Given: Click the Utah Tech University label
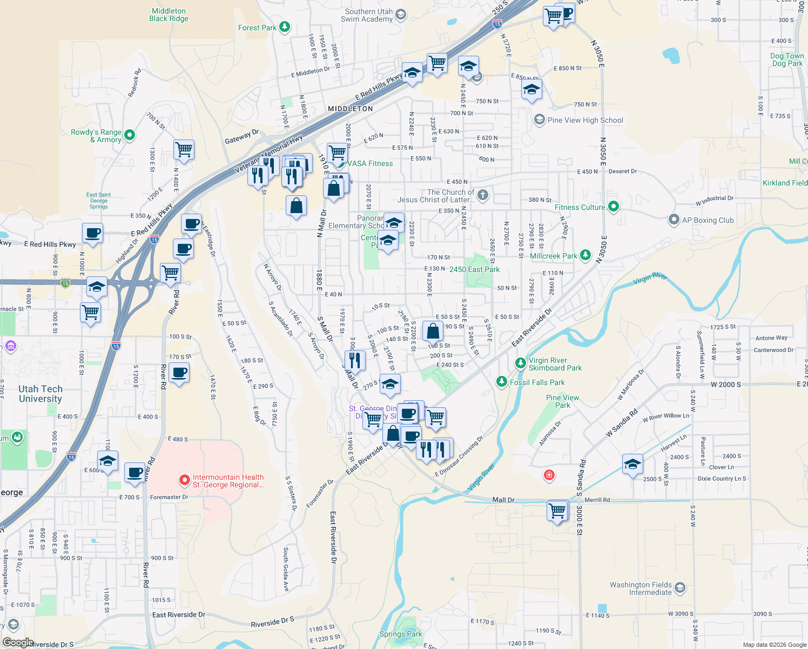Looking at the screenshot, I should point(40,394).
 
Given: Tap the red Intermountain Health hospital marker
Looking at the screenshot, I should point(184,480).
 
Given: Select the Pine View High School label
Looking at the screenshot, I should point(585,120).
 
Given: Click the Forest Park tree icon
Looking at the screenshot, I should point(285,27).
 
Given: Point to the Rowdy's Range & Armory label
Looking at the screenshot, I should point(96,136).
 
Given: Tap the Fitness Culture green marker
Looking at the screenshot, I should point(613,206).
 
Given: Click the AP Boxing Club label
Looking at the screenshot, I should point(708,220).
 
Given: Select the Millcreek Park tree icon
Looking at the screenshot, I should point(585,255).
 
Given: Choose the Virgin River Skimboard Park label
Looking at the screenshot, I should point(555,364).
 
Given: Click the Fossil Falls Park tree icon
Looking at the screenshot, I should point(502,382).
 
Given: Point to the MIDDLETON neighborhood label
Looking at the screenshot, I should point(351,109).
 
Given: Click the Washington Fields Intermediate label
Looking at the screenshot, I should point(641,588).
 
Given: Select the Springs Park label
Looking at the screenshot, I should point(401,634).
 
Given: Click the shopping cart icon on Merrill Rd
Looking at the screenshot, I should point(557,509).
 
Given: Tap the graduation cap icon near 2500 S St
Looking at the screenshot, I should point(632,463).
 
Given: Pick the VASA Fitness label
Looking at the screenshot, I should point(370,163).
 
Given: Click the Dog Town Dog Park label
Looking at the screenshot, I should point(787,59).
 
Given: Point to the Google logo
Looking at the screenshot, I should point(18,643).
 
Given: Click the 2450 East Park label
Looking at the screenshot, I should point(474,269).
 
